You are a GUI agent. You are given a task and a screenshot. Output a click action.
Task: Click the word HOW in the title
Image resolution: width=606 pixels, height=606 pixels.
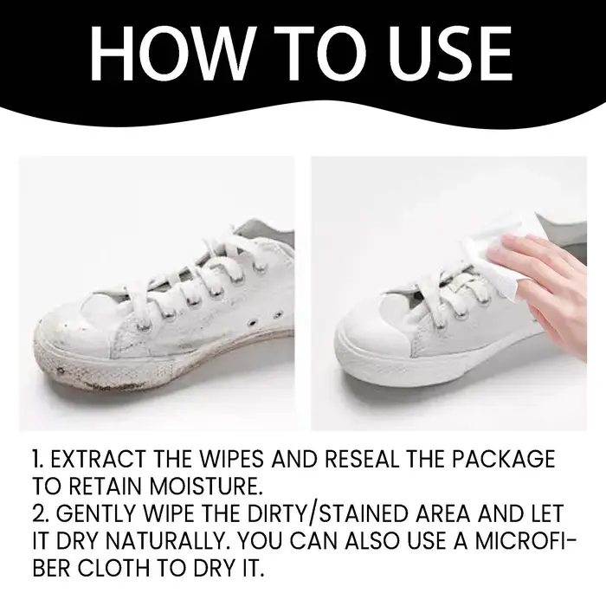171,54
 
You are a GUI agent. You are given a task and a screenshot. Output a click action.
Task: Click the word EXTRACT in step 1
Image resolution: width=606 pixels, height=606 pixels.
98,459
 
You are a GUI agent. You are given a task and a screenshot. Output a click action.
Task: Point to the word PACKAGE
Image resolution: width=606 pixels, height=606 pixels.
504,459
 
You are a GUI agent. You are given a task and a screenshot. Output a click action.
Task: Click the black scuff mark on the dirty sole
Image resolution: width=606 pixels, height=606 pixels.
61,371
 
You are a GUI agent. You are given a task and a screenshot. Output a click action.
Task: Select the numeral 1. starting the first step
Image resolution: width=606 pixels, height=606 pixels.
38,459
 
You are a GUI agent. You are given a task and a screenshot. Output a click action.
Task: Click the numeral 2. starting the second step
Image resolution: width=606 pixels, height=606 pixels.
42,514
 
